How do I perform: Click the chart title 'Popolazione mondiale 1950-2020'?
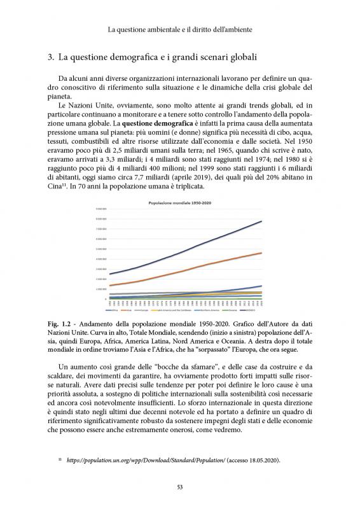point(179,202)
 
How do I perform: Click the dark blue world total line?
point(191,249)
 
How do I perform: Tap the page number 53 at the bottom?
point(180,487)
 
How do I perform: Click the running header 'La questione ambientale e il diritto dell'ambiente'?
point(180,29)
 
